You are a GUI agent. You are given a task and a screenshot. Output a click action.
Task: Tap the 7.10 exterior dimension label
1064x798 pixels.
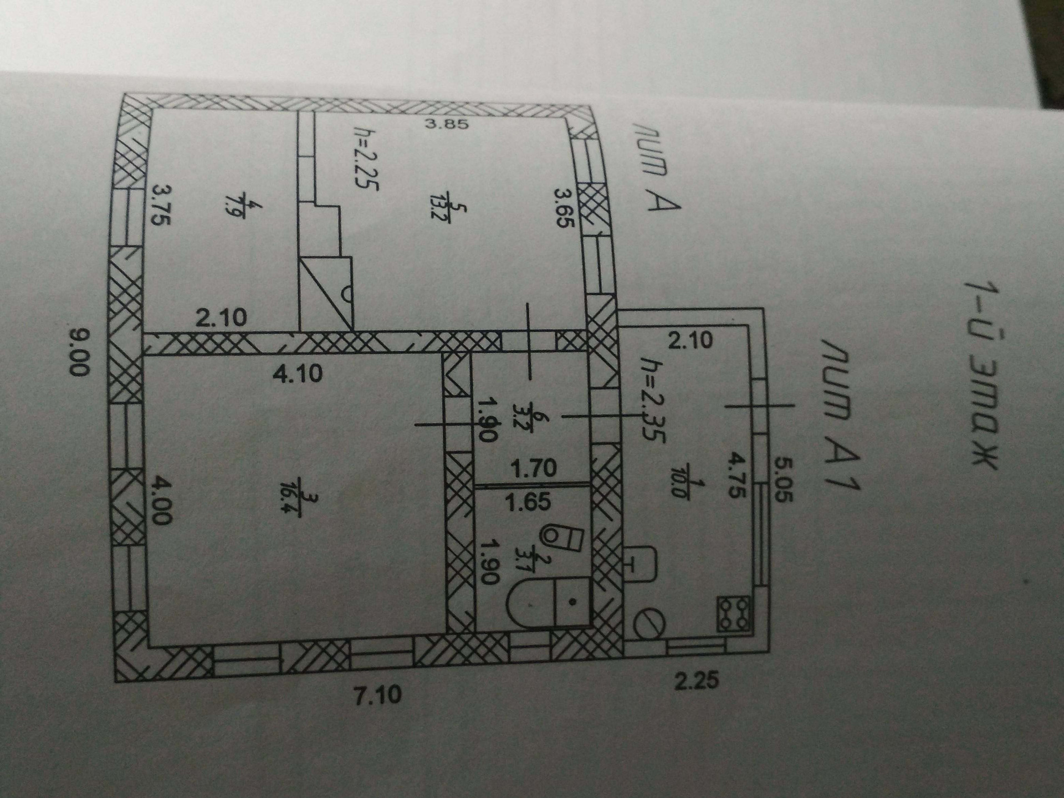click(x=378, y=694)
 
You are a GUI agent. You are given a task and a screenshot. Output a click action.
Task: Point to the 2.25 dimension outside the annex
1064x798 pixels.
click(x=697, y=680)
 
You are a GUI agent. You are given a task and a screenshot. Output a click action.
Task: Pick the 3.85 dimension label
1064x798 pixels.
click(x=447, y=124)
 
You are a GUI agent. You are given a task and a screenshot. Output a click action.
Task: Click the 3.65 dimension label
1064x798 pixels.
click(x=566, y=208)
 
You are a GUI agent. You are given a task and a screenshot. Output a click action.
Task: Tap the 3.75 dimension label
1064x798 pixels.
click(x=161, y=204)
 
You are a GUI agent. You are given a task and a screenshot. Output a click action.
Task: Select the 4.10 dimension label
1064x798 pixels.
click(x=298, y=374)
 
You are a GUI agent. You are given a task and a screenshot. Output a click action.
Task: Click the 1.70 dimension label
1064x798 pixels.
click(x=533, y=469)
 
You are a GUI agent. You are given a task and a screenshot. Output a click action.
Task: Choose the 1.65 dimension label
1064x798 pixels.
click(x=528, y=502)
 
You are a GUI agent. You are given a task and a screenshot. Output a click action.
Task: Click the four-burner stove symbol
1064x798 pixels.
click(x=733, y=613)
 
